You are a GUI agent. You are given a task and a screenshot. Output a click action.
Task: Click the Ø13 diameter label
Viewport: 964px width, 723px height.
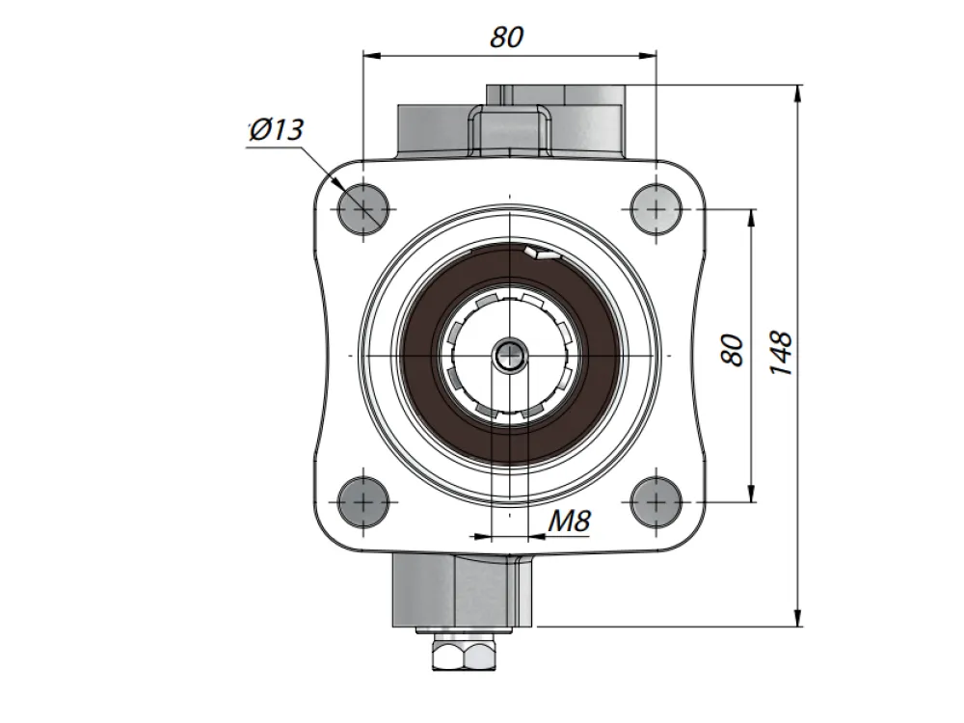(277, 130)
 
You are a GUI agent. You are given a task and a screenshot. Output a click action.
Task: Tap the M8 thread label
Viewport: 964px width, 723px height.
(570, 522)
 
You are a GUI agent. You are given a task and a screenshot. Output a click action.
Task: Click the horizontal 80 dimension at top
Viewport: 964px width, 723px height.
(507, 37)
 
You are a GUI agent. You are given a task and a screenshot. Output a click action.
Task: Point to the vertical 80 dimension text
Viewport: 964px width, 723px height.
(733, 350)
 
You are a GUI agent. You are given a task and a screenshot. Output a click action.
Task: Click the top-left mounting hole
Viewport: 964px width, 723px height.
(363, 208)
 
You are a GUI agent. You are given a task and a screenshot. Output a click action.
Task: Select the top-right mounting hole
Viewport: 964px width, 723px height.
(656, 208)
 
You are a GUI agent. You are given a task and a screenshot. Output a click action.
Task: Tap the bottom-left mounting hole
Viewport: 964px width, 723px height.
(363, 501)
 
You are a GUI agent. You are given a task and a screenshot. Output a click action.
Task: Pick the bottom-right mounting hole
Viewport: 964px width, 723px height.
(656, 501)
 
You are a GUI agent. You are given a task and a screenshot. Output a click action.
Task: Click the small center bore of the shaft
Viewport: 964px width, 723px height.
(510, 356)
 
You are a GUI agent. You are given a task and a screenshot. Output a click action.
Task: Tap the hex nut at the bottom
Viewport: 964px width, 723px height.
(464, 655)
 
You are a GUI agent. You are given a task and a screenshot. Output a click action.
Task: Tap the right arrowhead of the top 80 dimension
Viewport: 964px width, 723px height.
(647, 56)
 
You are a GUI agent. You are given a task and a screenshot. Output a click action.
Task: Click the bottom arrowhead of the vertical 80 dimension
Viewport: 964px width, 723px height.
(751, 493)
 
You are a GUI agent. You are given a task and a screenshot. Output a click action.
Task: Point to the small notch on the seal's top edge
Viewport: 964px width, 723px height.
(540, 253)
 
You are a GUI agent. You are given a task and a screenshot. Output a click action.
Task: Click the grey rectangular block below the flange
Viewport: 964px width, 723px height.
(462, 591)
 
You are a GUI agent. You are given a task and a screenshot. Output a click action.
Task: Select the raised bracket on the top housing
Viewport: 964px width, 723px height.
(510, 129)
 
